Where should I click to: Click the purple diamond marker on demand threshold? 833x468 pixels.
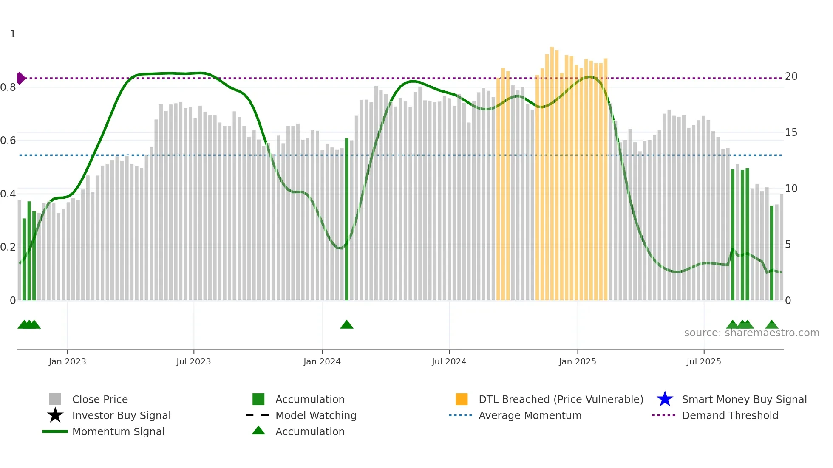[20, 78]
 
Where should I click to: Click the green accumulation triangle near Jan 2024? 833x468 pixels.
[346, 325]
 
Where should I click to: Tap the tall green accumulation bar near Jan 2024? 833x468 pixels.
[347, 221]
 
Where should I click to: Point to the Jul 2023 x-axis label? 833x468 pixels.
[193, 361]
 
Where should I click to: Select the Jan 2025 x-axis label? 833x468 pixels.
[577, 361]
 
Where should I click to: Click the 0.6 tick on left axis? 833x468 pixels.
[8, 141]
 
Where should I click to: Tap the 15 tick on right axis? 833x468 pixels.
[791, 133]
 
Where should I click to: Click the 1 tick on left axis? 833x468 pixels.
[13, 34]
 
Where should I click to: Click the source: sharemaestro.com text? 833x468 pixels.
[751, 333]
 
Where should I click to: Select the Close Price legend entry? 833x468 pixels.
[99, 399]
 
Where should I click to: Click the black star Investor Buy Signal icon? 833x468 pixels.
[55, 415]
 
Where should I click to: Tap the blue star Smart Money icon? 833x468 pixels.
[665, 399]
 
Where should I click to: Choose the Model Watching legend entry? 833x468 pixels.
[315, 415]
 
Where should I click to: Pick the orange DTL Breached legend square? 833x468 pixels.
[462, 399]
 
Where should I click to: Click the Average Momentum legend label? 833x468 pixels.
[530, 415]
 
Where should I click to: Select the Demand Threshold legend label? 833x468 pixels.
[730, 415]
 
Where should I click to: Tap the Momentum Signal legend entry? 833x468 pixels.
[118, 431]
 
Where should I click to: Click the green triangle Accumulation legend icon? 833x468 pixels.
[258, 431]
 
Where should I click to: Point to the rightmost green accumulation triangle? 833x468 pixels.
[772, 325]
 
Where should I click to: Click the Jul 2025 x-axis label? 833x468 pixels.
[703, 361]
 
